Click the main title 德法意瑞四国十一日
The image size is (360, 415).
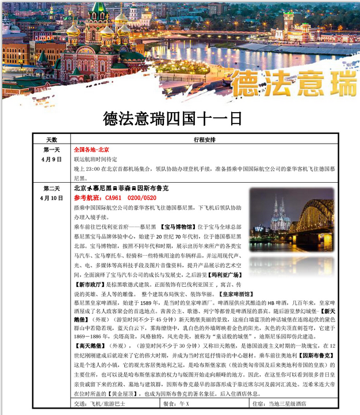pyautogui.click(x=173, y=119)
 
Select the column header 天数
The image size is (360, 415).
pyautogui.click(x=51, y=140)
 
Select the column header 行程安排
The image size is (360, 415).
pyautogui.click(x=204, y=140)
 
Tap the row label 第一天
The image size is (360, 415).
pyautogui.click(x=51, y=149)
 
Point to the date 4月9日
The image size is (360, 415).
pyautogui.click(x=51, y=159)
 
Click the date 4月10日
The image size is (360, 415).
pyautogui.click(x=52, y=198)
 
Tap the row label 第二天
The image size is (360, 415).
pyautogui.click(x=51, y=188)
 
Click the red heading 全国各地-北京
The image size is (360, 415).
pyautogui.click(x=91, y=149)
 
